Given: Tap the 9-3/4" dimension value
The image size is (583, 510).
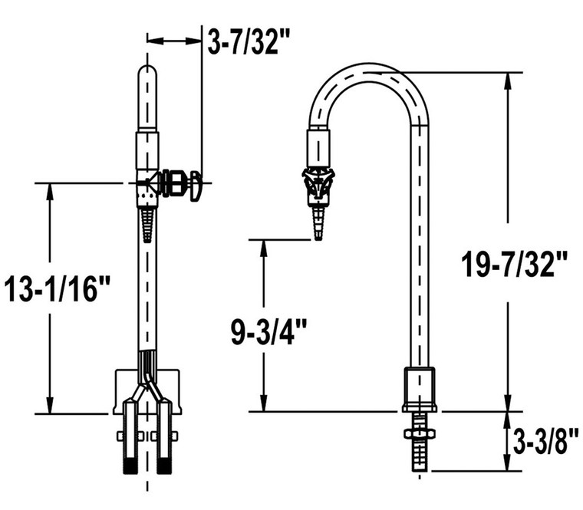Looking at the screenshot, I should click(269, 331).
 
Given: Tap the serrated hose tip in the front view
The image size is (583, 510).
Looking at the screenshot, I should click(147, 225).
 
